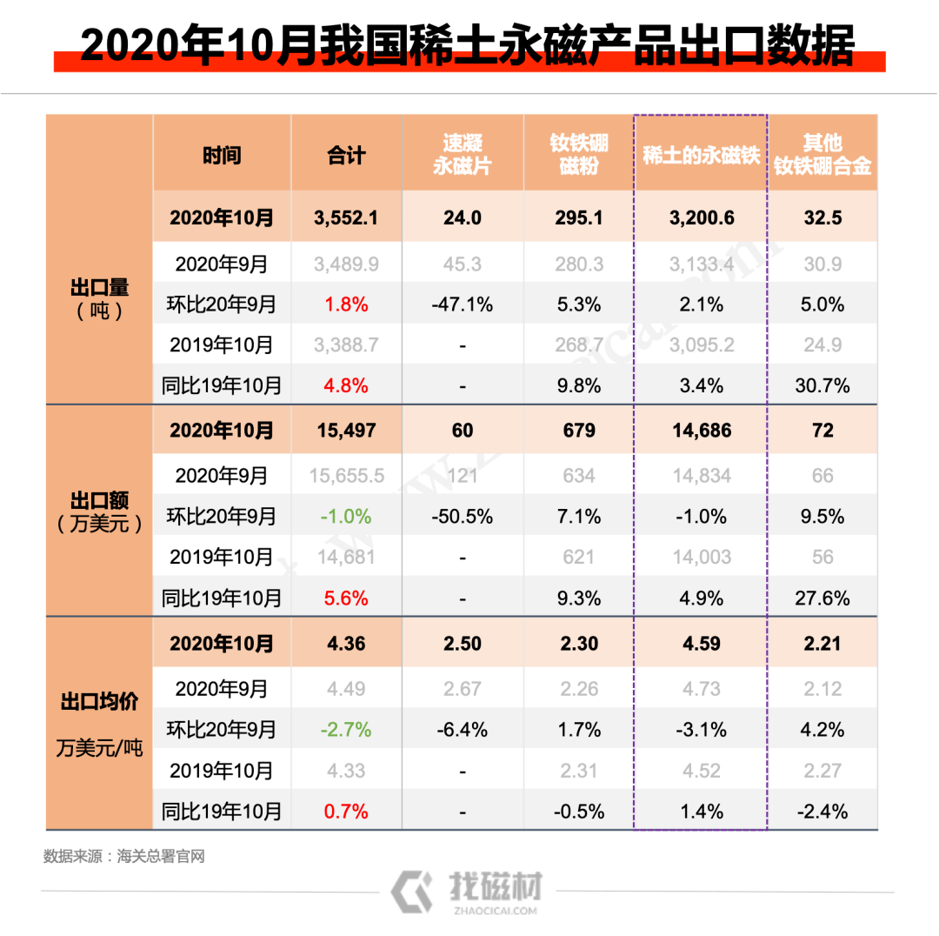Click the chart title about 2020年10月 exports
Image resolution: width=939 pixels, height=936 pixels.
click(468, 45)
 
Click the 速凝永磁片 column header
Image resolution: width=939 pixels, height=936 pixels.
click(463, 155)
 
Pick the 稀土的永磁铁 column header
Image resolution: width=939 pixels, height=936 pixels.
click(701, 156)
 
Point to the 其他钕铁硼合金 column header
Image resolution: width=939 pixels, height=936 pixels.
click(822, 155)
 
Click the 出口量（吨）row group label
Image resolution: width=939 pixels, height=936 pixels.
click(99, 298)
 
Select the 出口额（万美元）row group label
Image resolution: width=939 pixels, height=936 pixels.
click(99, 512)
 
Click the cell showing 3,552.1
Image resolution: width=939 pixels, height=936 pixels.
click(346, 217)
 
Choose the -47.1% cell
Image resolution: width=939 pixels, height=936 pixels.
click(463, 304)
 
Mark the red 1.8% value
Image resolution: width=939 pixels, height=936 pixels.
click(346, 304)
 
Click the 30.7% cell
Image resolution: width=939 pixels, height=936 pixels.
click(822, 385)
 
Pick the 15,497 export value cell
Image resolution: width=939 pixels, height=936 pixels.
click(346, 431)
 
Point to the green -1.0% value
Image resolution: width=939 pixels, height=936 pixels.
click(346, 517)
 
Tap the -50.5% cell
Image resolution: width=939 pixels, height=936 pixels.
click(463, 517)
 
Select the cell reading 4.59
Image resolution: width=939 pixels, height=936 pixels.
click(701, 645)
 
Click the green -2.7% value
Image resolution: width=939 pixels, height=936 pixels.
click(346, 729)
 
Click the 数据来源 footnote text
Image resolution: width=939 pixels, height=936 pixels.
click(124, 857)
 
